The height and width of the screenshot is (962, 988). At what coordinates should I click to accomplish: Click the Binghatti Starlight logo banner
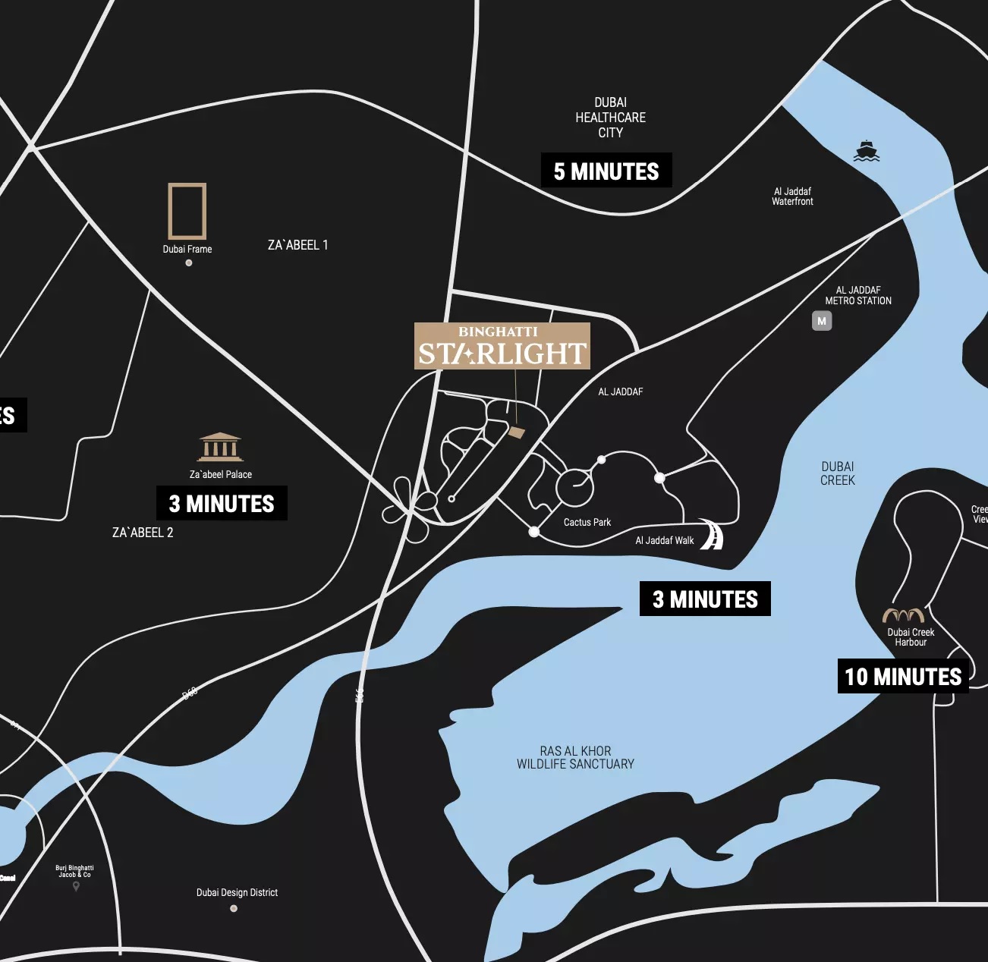tap(502, 346)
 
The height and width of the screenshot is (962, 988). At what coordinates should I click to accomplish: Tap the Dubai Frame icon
tap(187, 211)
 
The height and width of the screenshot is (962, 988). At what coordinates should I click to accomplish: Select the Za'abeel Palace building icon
tap(220, 447)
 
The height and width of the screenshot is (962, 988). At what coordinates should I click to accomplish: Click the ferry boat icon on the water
tap(866, 151)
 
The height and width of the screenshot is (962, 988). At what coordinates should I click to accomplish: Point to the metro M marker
tap(821, 321)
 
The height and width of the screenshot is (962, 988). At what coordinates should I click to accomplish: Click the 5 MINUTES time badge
tap(606, 171)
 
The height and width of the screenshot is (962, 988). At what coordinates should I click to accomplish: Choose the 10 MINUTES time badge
tap(902, 676)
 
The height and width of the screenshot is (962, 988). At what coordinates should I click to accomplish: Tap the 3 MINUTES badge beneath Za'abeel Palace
tap(222, 503)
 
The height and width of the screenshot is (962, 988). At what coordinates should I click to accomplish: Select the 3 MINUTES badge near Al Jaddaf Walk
tap(705, 599)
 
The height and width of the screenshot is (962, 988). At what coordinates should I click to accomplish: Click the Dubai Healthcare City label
tap(610, 118)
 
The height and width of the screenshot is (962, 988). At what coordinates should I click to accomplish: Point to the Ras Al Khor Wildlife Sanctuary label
tap(575, 757)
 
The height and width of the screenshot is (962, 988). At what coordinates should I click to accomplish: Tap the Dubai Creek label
tap(837, 473)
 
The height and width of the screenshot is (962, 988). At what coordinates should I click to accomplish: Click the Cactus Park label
tap(587, 522)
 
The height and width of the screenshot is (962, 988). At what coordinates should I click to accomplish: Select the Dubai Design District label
tap(237, 892)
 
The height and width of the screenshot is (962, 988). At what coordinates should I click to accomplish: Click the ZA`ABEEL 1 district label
tap(297, 245)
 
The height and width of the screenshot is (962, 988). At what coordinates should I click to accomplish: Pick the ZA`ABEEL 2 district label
tap(143, 533)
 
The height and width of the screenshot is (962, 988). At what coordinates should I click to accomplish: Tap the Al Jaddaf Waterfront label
tap(792, 196)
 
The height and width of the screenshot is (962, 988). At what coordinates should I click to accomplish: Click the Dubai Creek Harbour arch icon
tap(903, 615)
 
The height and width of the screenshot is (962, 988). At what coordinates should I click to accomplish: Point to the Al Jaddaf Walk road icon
tap(712, 534)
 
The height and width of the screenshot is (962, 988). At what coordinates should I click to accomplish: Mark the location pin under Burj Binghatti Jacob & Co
tap(76, 886)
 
